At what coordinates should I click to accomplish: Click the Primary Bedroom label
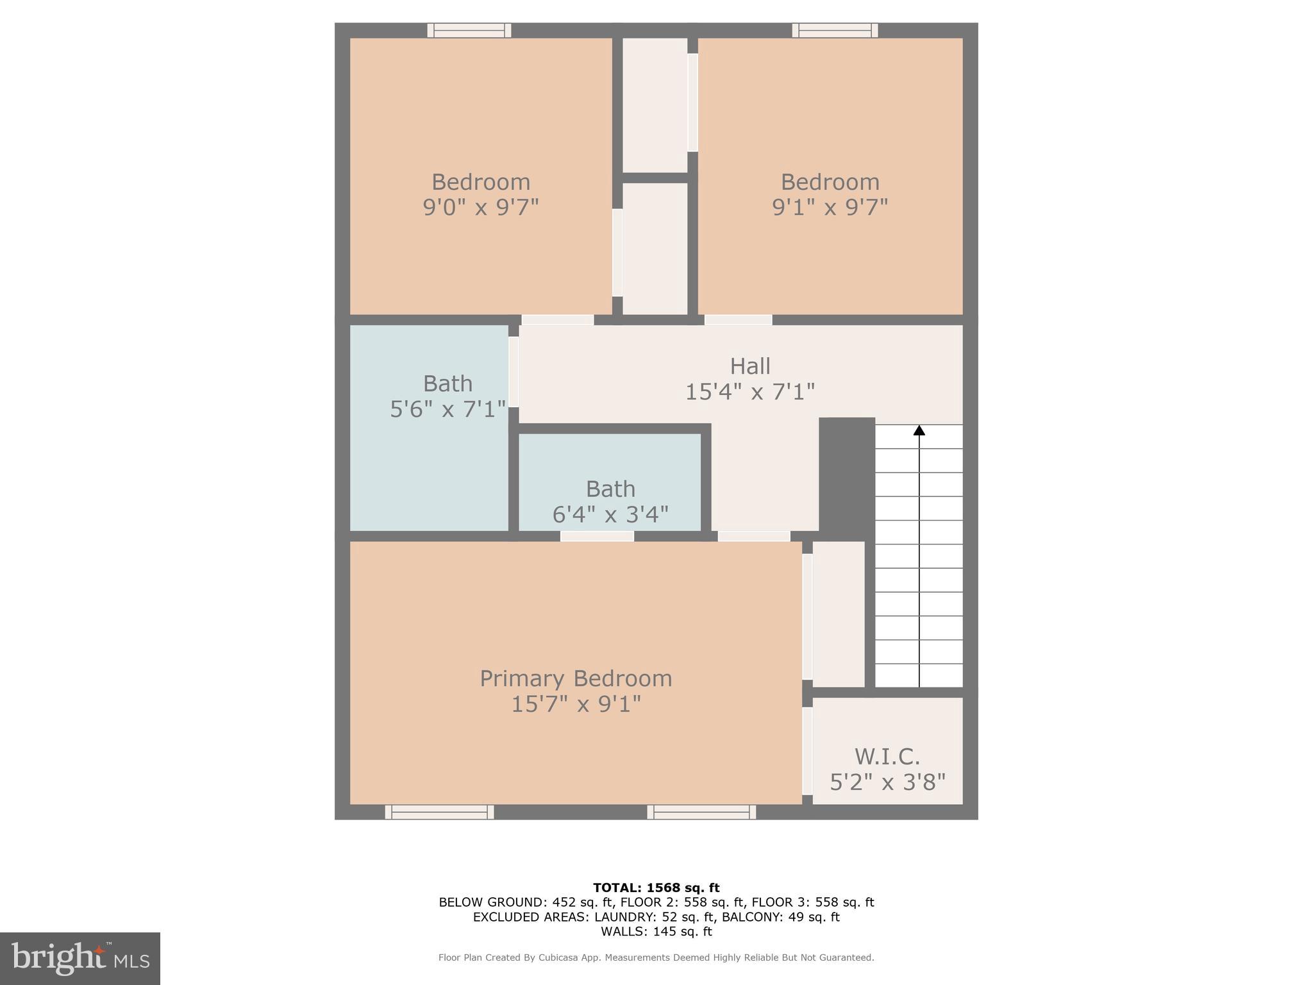click(576, 678)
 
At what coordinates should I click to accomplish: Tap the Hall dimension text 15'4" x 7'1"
click(749, 392)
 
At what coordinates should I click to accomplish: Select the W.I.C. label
click(887, 757)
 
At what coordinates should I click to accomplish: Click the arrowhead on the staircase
click(919, 430)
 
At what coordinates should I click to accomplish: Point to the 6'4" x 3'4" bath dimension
click(610, 514)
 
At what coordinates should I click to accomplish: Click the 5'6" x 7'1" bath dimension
click(447, 409)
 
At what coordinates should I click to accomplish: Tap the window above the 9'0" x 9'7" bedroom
click(469, 30)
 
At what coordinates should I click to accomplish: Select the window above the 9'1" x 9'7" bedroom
click(835, 30)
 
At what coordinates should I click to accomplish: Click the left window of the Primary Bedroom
click(439, 812)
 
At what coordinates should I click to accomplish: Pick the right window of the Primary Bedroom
click(701, 812)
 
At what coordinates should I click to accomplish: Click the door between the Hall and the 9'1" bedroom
click(738, 319)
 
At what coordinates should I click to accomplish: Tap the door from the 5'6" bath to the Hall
click(514, 371)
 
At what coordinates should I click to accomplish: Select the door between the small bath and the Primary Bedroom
click(597, 536)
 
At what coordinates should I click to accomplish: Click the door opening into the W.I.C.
click(807, 750)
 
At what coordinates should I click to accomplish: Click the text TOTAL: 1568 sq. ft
click(656, 888)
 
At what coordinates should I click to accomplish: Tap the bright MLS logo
click(80, 959)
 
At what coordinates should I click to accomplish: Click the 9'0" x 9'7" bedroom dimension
click(480, 208)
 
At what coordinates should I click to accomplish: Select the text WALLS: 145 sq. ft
click(656, 931)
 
